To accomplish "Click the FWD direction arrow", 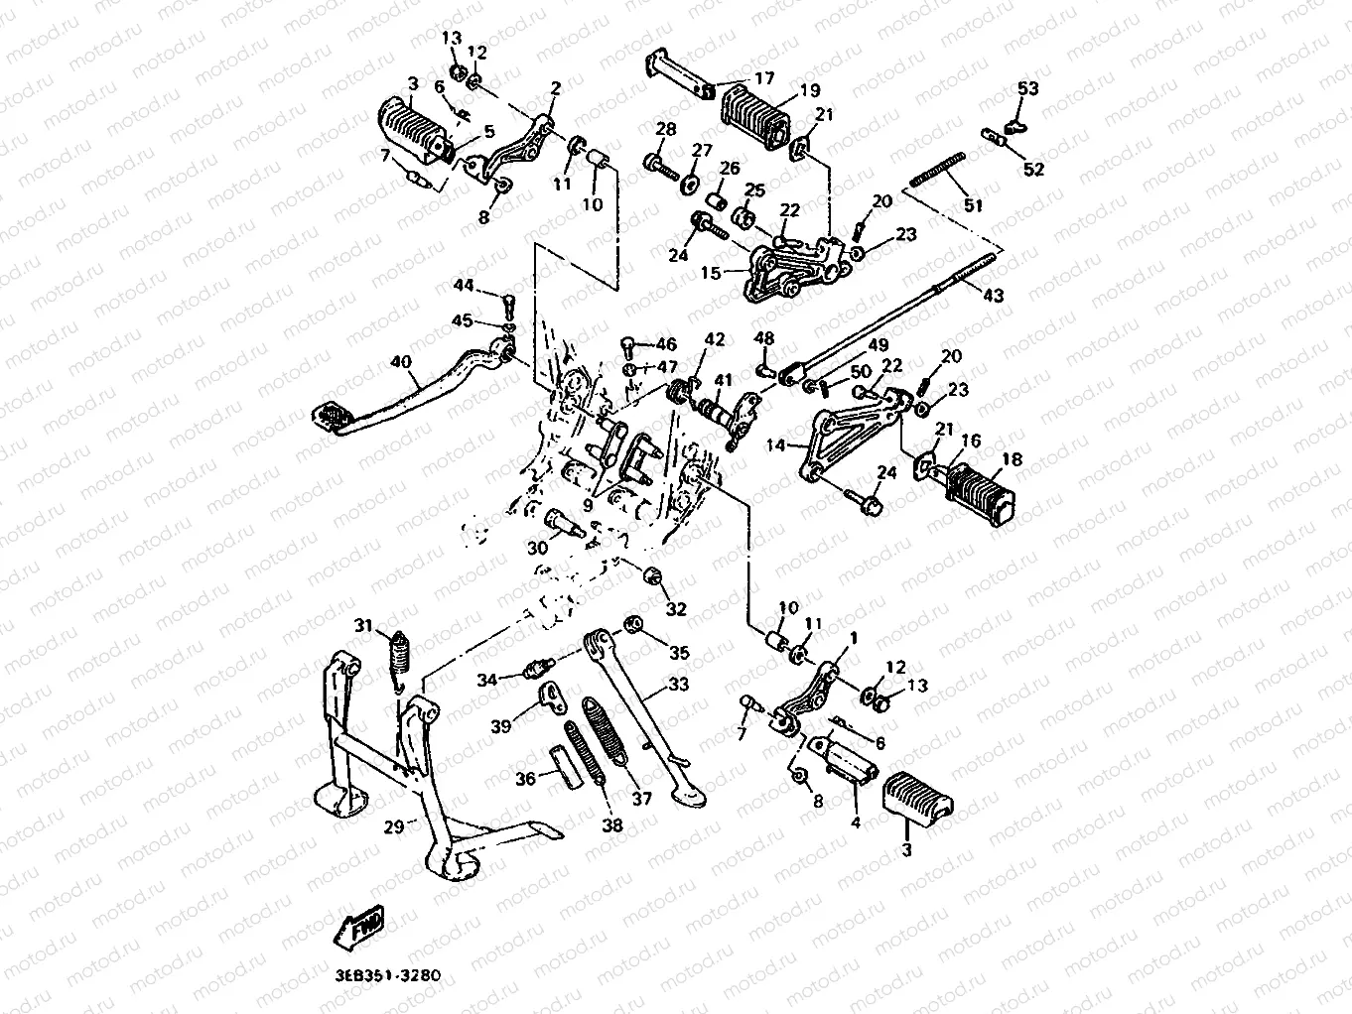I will (360, 927).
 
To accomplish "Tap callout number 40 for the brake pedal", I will (401, 362).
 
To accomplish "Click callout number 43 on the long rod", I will (993, 295).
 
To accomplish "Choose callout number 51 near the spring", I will (973, 205).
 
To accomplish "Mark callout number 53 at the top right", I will (1027, 89).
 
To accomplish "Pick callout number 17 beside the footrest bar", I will (763, 77).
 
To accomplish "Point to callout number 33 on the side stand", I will (678, 684).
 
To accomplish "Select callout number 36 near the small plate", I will (525, 779).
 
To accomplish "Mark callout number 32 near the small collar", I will (675, 608).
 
